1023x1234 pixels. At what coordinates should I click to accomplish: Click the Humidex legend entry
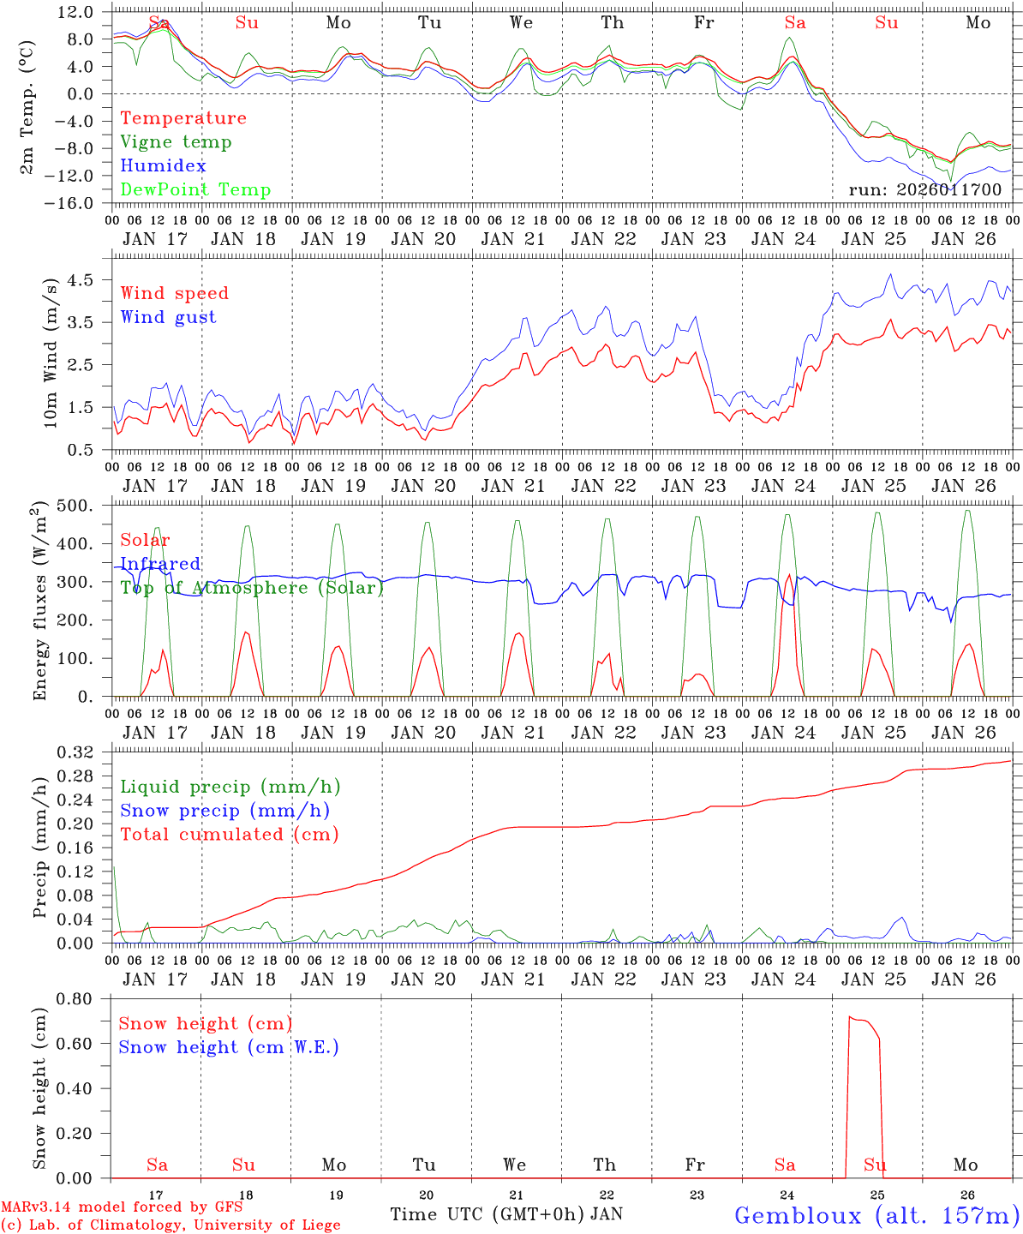(163, 166)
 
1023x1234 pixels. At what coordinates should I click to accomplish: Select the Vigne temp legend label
(176, 142)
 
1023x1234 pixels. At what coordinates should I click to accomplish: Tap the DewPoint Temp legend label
(195, 190)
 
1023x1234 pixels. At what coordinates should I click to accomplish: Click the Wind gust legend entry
(168, 317)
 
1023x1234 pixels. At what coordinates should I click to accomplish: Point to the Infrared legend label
(160, 564)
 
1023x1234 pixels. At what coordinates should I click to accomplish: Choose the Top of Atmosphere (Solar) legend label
(252, 588)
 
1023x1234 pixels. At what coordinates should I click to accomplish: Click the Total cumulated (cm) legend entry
(229, 835)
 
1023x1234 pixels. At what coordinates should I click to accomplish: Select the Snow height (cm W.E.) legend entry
(229, 1047)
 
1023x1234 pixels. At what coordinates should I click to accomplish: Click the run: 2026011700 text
(924, 190)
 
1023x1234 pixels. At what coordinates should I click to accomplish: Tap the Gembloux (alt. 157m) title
(876, 1215)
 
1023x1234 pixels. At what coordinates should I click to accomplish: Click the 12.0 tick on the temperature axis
(76, 12)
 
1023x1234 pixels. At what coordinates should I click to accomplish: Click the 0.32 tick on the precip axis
(77, 752)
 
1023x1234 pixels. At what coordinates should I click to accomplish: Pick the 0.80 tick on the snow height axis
(77, 998)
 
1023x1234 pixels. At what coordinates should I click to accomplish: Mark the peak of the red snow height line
(850, 1017)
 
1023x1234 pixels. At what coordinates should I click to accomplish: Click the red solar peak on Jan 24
(788, 576)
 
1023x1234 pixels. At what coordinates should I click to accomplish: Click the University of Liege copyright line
(170, 1225)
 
